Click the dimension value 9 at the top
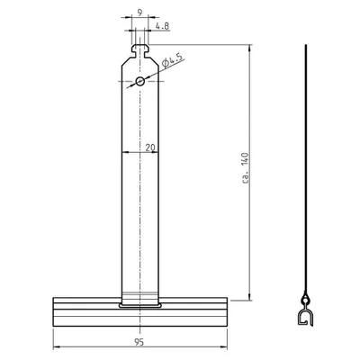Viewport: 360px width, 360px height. point(139,13)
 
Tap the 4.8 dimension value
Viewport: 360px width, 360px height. point(162,26)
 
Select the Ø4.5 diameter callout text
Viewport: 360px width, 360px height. point(172,61)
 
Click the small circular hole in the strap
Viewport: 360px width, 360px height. point(139,81)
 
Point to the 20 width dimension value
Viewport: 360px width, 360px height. point(150,148)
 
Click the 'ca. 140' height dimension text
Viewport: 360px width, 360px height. point(246,168)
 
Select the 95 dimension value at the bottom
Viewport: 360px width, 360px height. point(139,342)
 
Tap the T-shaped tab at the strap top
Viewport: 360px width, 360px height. point(139,51)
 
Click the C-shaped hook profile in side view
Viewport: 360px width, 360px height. point(305,318)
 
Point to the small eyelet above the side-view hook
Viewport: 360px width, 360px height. point(306,299)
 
